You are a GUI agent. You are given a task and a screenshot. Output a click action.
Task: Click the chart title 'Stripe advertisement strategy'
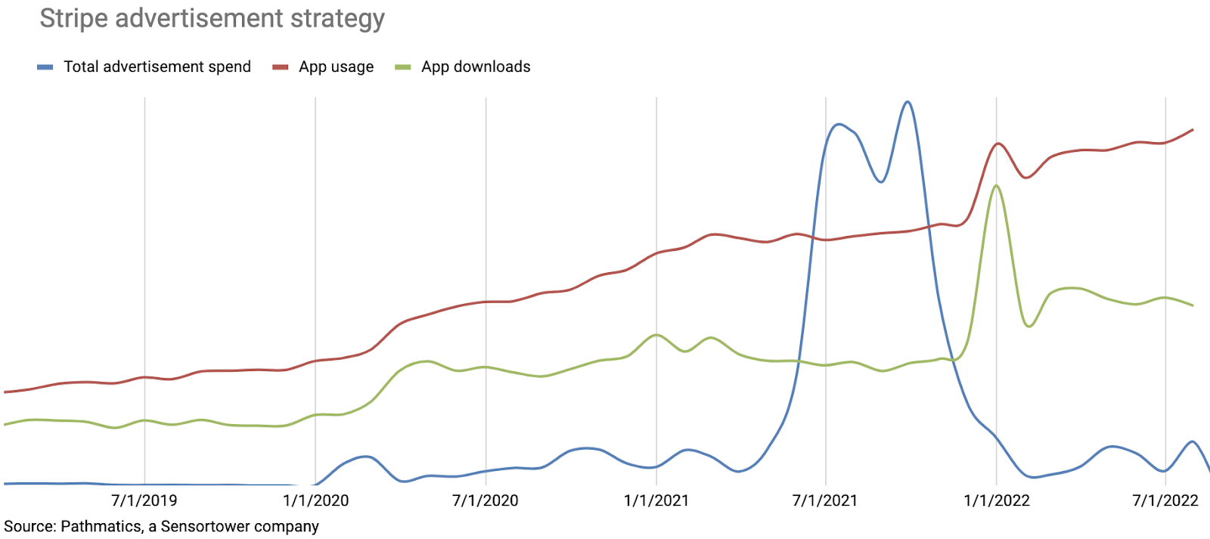click(212, 18)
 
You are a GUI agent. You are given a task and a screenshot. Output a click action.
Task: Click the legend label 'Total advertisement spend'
click(157, 67)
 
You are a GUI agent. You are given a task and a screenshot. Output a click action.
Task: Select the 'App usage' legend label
click(336, 67)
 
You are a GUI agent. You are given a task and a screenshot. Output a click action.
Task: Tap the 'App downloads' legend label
click(476, 67)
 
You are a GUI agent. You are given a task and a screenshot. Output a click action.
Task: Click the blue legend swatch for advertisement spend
click(45, 67)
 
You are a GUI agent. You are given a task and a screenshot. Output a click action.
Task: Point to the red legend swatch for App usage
click(281, 67)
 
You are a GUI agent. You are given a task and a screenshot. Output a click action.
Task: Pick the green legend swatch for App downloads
click(403, 67)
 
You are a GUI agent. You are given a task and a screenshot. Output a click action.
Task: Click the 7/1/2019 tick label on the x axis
click(144, 500)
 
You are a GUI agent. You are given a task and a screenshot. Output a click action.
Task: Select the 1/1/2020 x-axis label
click(315, 500)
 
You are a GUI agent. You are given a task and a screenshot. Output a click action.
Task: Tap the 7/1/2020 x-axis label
click(486, 500)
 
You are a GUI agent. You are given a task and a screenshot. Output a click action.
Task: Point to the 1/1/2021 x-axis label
click(656, 500)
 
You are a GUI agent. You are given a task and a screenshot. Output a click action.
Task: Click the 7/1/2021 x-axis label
click(825, 500)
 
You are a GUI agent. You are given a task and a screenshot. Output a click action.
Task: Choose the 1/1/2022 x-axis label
click(997, 500)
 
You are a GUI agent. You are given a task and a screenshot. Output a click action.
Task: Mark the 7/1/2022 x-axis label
click(1165, 500)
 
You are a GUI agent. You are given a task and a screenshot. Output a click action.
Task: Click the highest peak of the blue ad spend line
click(907, 102)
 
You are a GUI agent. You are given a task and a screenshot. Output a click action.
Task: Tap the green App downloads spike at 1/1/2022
click(997, 186)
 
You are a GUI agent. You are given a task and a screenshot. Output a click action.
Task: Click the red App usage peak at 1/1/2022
click(997, 144)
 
